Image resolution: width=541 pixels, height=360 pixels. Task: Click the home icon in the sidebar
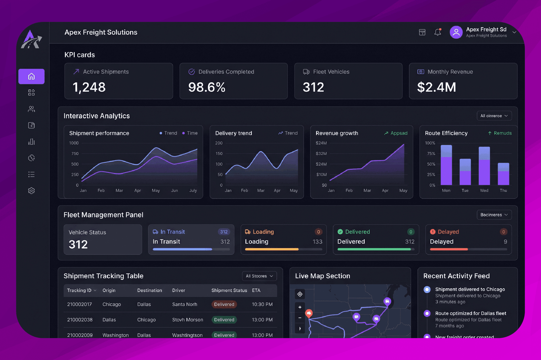point(31,76)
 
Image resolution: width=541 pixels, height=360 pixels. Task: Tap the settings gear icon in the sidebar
point(31,191)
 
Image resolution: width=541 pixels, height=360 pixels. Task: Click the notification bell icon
point(438,32)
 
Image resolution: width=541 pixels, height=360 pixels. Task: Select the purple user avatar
point(456,32)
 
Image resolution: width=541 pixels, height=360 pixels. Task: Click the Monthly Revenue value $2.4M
point(437,87)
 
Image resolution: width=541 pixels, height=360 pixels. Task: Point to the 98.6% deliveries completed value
point(207,87)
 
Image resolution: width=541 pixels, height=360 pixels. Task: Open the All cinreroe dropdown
point(494,116)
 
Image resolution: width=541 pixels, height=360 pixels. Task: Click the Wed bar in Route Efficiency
point(484,166)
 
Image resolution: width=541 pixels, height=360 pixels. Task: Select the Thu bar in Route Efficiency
point(503,174)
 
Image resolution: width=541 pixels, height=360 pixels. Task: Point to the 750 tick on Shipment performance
point(75,153)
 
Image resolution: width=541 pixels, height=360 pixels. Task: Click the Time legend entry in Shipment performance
point(190,133)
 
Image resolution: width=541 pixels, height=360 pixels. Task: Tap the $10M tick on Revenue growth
point(322,174)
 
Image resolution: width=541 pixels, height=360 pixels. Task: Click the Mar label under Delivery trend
point(261,191)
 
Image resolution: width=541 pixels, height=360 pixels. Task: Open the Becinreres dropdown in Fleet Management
point(494,215)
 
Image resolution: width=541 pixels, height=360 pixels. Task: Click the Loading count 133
point(317,242)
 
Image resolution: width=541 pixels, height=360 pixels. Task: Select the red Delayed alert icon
point(432,232)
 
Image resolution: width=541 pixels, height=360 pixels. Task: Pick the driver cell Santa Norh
point(185,304)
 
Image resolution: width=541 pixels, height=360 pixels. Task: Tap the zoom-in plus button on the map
point(300,307)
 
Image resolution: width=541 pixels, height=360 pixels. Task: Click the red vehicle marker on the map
point(309,313)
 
